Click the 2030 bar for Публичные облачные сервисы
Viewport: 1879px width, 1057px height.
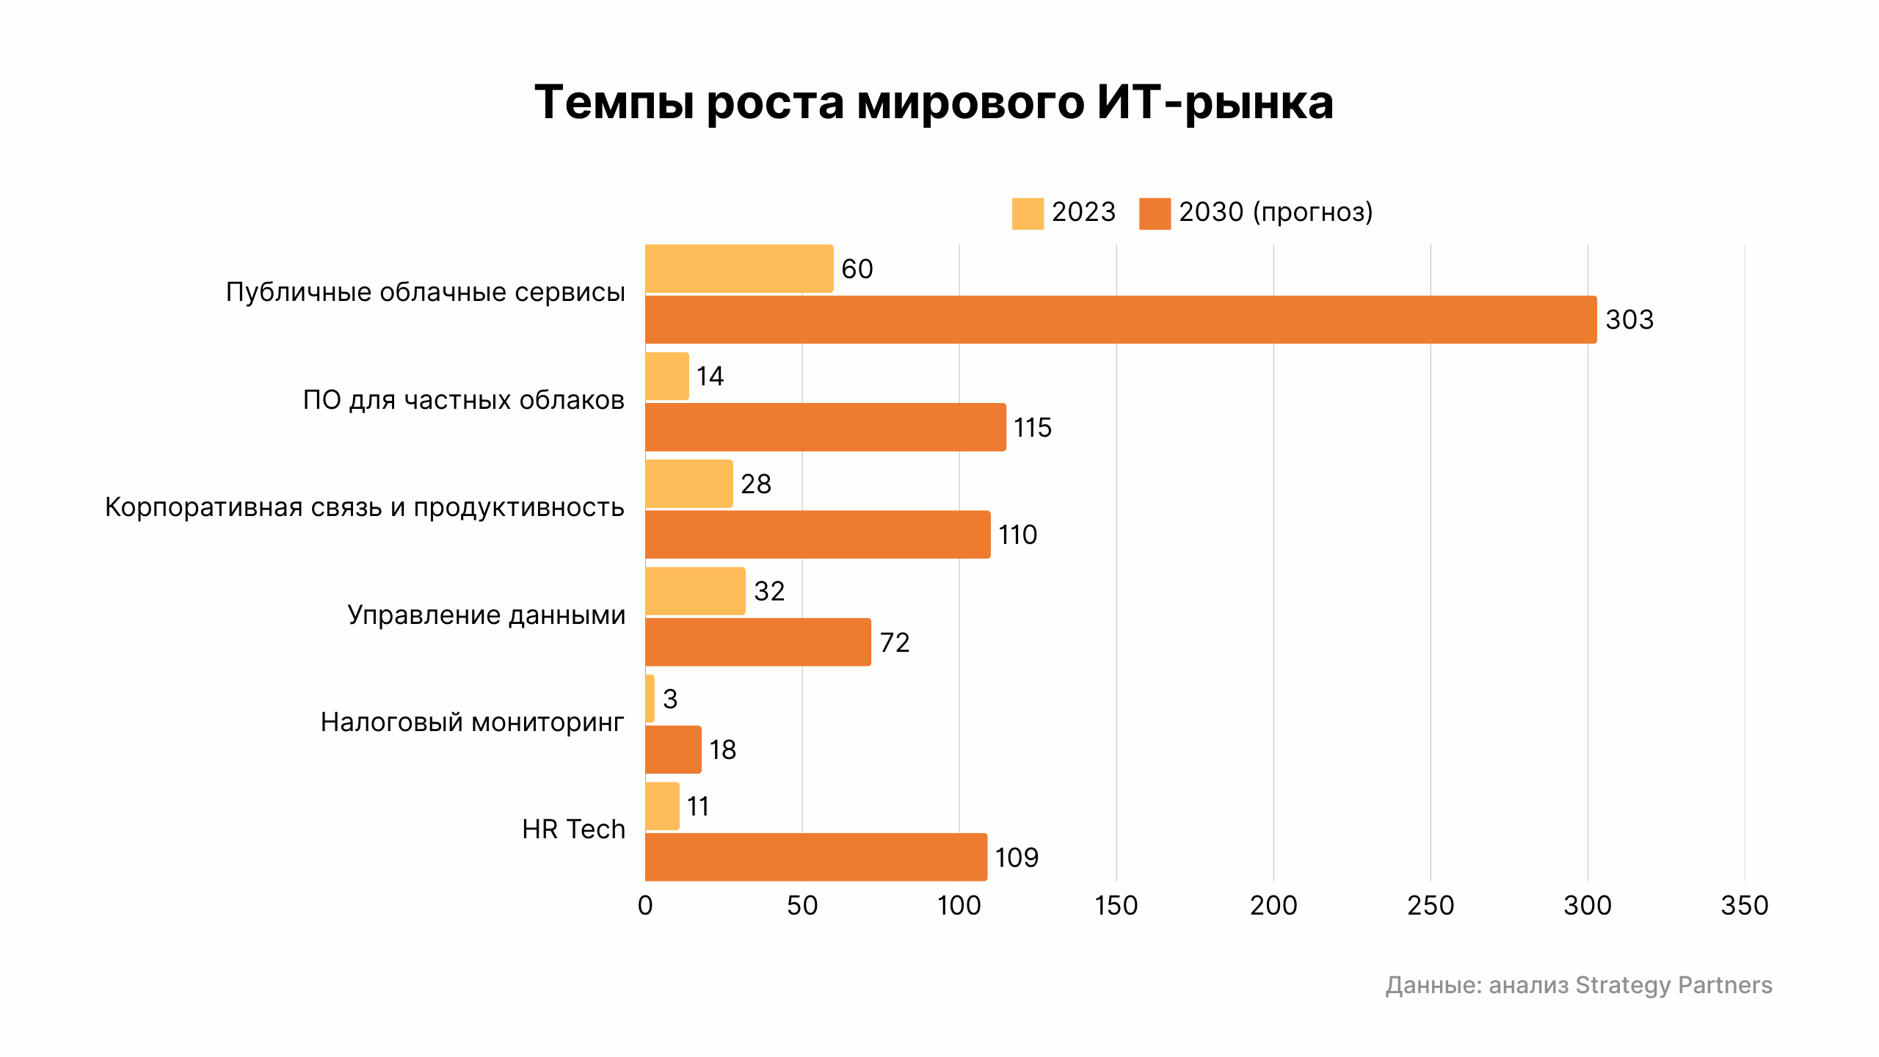1121,319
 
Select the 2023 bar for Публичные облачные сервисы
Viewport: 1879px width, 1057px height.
739,269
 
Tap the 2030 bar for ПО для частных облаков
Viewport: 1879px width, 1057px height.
825,427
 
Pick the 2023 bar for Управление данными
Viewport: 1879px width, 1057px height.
695,591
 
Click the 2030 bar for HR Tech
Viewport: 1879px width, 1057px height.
815,857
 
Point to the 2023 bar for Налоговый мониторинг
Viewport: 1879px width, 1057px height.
650,699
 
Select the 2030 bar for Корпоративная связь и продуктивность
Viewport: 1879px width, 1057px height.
818,534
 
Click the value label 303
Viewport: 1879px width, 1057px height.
1629,320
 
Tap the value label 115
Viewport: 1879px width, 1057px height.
1032,428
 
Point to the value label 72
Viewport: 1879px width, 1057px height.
895,643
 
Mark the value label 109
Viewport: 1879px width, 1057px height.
1017,857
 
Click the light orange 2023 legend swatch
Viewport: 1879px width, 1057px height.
1028,214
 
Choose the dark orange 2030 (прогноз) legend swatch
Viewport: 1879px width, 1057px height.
1155,214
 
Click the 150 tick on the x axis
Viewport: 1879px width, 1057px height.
1116,906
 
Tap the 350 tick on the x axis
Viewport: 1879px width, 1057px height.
1744,906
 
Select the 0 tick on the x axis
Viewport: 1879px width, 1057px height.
645,906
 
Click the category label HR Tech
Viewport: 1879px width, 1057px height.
573,829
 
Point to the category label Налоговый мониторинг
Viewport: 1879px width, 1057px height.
472,722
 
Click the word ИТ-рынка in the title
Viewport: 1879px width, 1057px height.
1215,103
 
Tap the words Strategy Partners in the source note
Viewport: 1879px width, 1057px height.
1673,985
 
